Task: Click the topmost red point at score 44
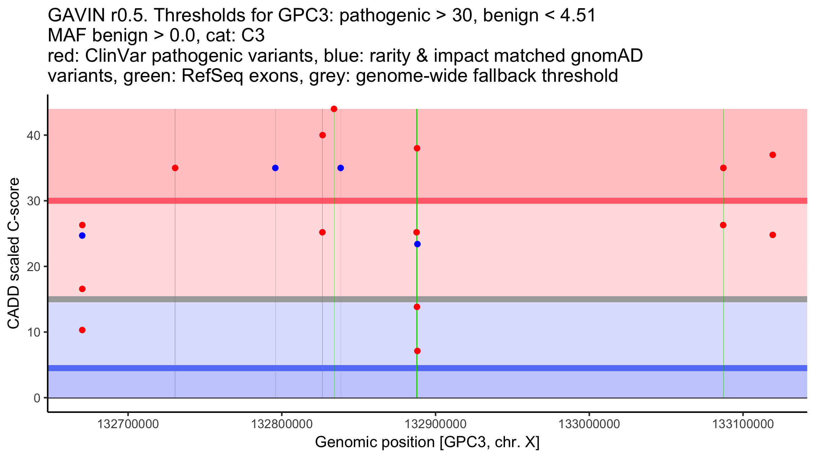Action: click(334, 109)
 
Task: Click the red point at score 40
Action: click(323, 135)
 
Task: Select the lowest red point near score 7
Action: click(417, 351)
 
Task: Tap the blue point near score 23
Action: click(417, 244)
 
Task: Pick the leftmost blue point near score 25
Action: click(82, 236)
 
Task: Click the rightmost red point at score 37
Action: click(773, 155)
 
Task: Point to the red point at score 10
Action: click(82, 330)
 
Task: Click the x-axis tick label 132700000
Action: click(128, 424)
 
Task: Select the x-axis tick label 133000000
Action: click(589, 424)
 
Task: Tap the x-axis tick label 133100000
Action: click(743, 424)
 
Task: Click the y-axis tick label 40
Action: click(33, 135)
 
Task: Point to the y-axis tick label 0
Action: click(37, 398)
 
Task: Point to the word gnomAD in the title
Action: click(606, 56)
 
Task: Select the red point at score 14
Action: click(417, 307)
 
